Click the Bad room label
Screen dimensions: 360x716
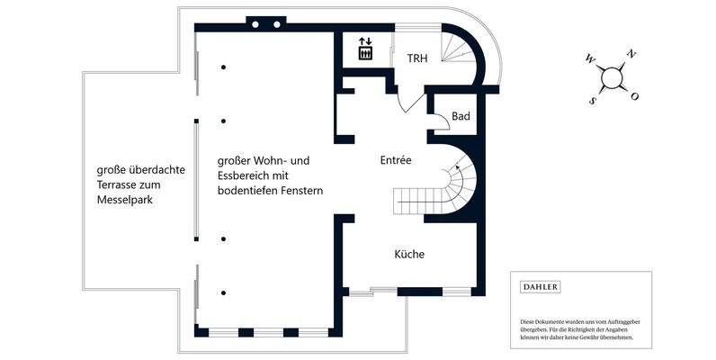click(461, 116)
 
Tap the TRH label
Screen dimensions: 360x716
click(416, 58)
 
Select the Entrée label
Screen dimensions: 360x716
click(395, 160)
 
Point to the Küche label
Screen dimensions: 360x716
click(409, 255)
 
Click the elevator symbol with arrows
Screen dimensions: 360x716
click(365, 49)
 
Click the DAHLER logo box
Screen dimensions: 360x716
click(540, 287)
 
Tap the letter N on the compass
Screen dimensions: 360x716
click(631, 54)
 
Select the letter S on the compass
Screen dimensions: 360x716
click(592, 101)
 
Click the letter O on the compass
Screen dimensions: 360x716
click(634, 96)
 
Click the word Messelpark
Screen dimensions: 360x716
click(125, 200)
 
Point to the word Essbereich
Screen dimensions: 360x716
click(246, 176)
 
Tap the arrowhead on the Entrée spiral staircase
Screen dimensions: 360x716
click(457, 166)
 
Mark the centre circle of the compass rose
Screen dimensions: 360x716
click(612, 78)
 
